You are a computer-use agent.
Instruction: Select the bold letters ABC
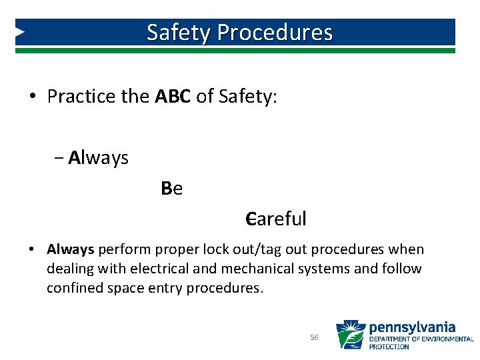tap(173, 97)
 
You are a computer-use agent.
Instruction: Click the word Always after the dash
tap(98, 158)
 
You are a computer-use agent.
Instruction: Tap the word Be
tap(172, 189)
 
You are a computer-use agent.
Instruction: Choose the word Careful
tap(275, 219)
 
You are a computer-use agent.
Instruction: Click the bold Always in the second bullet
tap(70, 249)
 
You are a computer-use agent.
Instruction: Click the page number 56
tap(314, 338)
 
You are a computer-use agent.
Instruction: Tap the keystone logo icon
tap(350, 335)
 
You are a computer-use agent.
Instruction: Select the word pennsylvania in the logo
tap(412, 327)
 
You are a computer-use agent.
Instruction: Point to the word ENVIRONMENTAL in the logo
tap(448, 339)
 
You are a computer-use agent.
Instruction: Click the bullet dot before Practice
tap(32, 97)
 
